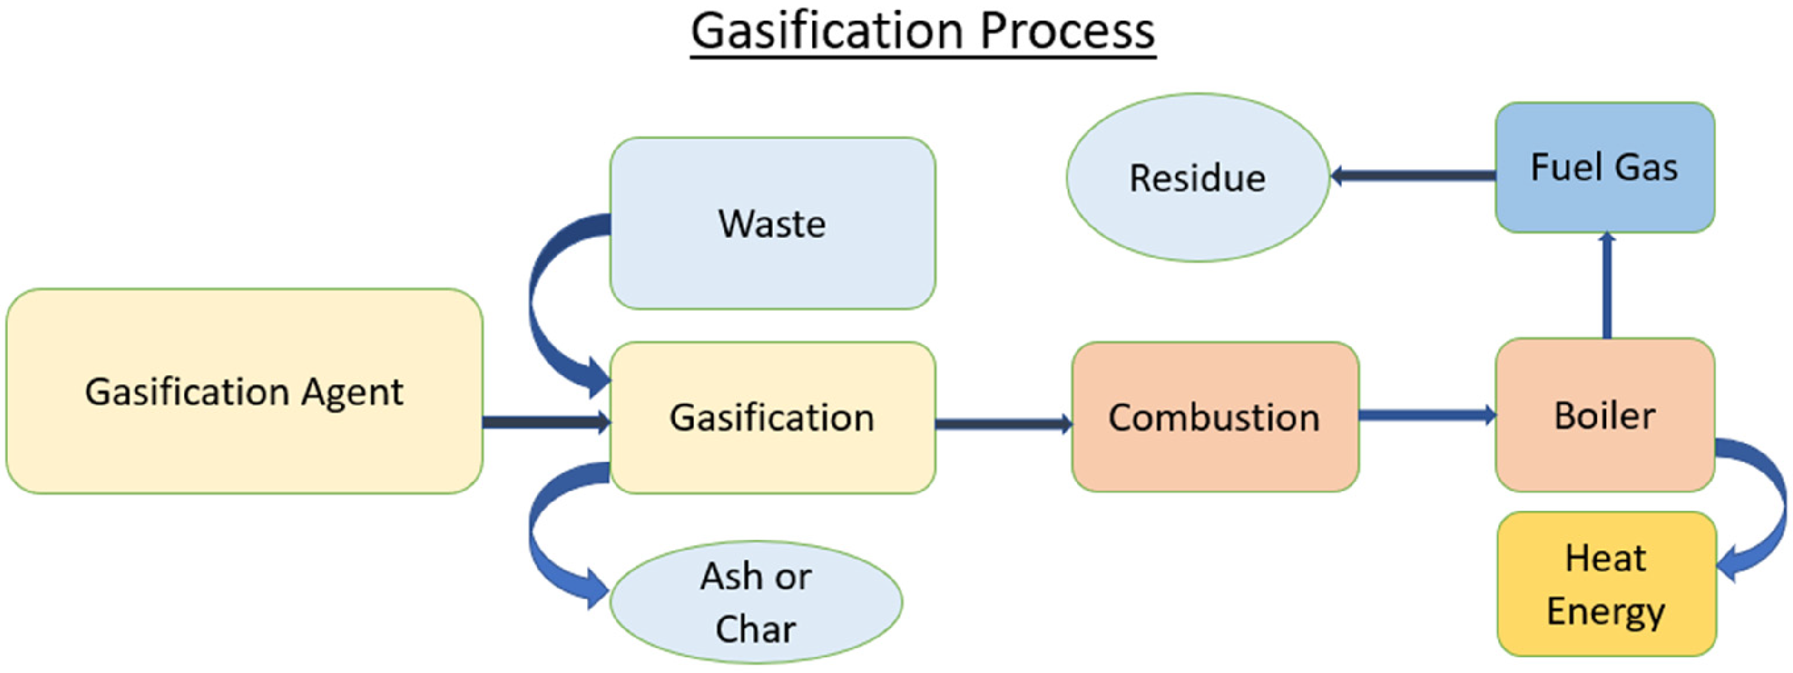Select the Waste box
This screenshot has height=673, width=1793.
tap(773, 223)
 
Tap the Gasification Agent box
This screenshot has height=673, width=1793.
tap(244, 391)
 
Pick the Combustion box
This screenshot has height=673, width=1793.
tap(1214, 417)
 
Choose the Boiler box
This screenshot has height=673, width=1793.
tap(1605, 415)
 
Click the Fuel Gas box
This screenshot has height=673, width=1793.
tap(1605, 167)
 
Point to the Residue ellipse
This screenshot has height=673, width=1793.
tap(1197, 178)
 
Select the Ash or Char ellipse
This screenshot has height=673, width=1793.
tap(756, 602)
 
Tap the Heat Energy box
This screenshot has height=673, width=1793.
tap(1606, 584)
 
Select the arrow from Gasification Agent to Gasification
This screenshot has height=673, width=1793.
tap(547, 422)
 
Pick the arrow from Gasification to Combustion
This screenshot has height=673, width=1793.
tap(1003, 424)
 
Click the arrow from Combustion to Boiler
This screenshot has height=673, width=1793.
tap(1428, 415)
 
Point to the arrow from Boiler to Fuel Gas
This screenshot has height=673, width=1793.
tap(1606, 285)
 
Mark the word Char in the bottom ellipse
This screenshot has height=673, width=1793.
tap(756, 629)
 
